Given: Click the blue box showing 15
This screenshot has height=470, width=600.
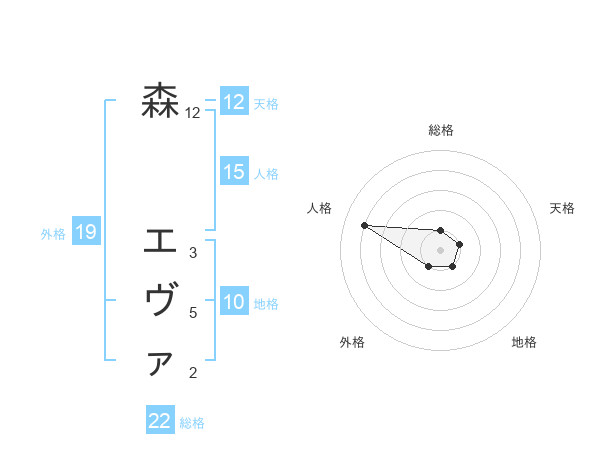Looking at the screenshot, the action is point(234,172).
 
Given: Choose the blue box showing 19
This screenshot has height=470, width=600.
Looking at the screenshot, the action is point(85,233).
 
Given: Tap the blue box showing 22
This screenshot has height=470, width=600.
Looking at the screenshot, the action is point(160,421).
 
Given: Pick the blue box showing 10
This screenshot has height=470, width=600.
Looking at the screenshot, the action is point(234,302).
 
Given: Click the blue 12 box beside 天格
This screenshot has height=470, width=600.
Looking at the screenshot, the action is point(234,102).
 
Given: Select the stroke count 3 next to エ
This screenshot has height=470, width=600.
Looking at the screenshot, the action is point(192,253).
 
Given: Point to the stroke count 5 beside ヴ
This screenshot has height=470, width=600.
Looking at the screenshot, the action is point(192,313).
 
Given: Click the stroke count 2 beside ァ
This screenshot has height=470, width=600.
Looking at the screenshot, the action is point(192,374).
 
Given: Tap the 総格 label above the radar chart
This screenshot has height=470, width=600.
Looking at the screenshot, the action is point(441,130).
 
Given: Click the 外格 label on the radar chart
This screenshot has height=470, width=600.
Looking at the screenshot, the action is point(352,343).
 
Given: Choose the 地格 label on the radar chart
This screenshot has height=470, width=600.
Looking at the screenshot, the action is point(524,343).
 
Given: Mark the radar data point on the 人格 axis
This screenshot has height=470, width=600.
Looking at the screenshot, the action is point(364,225).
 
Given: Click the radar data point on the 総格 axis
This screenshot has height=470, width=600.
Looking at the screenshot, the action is point(441,230).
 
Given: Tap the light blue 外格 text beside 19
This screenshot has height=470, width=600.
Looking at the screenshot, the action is point(53,234).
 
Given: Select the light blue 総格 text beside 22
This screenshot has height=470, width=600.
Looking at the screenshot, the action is point(192,423).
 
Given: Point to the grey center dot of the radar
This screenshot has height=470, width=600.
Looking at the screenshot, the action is point(441,250).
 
